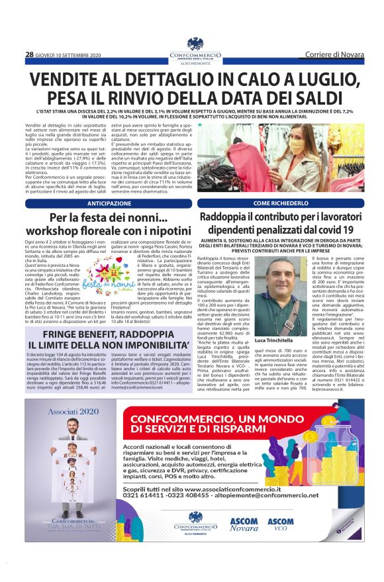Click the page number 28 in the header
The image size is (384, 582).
(29, 54)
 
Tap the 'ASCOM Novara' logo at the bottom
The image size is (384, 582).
(244, 524)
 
